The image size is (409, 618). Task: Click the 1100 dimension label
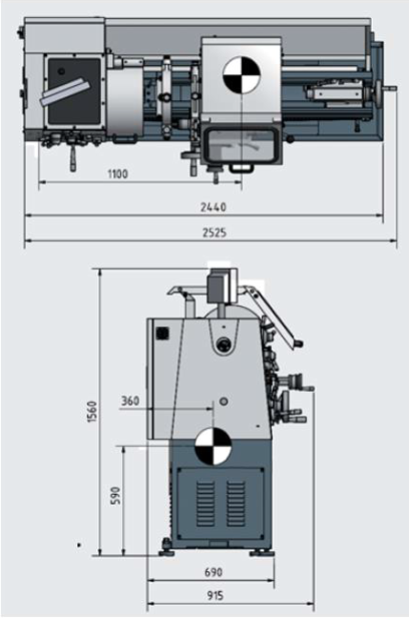click(118, 174)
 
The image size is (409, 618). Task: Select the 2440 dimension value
click(214, 207)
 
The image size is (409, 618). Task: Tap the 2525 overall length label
click(215, 233)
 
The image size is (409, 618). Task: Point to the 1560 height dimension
click(92, 412)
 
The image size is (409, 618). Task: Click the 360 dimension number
click(130, 401)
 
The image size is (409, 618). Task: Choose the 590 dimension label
click(115, 496)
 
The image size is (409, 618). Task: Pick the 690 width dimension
click(214, 572)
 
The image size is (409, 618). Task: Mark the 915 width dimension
click(215, 595)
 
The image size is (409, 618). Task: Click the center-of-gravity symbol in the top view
click(241, 75)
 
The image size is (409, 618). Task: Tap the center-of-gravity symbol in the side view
click(214, 446)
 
